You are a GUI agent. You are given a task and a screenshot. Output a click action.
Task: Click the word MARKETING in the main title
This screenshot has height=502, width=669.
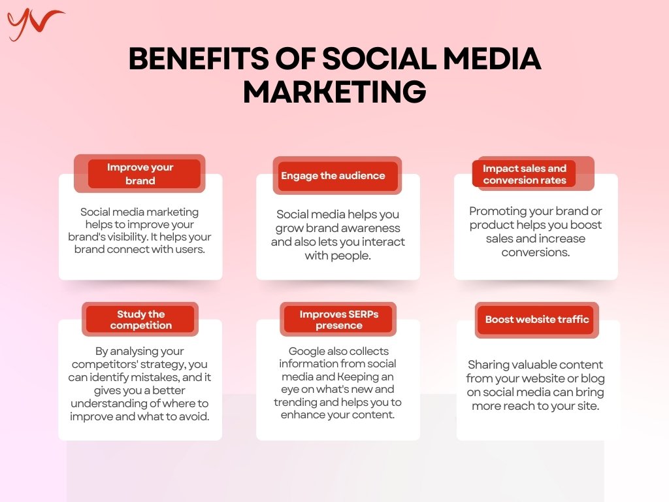point(334,92)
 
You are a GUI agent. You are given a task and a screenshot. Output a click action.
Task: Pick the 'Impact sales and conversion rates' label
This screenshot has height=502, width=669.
point(525,174)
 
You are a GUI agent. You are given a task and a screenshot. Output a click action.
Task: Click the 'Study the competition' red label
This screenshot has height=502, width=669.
point(140,319)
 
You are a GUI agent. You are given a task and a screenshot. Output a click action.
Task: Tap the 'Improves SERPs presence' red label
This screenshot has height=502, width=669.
point(338,319)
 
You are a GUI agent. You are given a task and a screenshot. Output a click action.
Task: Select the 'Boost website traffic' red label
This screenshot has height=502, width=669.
point(537,319)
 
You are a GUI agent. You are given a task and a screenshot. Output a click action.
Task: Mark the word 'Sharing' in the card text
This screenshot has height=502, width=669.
point(488,365)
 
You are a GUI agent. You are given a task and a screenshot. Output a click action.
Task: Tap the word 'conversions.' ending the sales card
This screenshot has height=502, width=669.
point(536,252)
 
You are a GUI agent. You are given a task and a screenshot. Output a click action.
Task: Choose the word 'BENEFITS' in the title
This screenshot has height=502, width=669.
point(199,58)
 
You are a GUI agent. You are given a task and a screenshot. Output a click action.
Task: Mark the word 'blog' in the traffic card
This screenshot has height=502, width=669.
point(593,378)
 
